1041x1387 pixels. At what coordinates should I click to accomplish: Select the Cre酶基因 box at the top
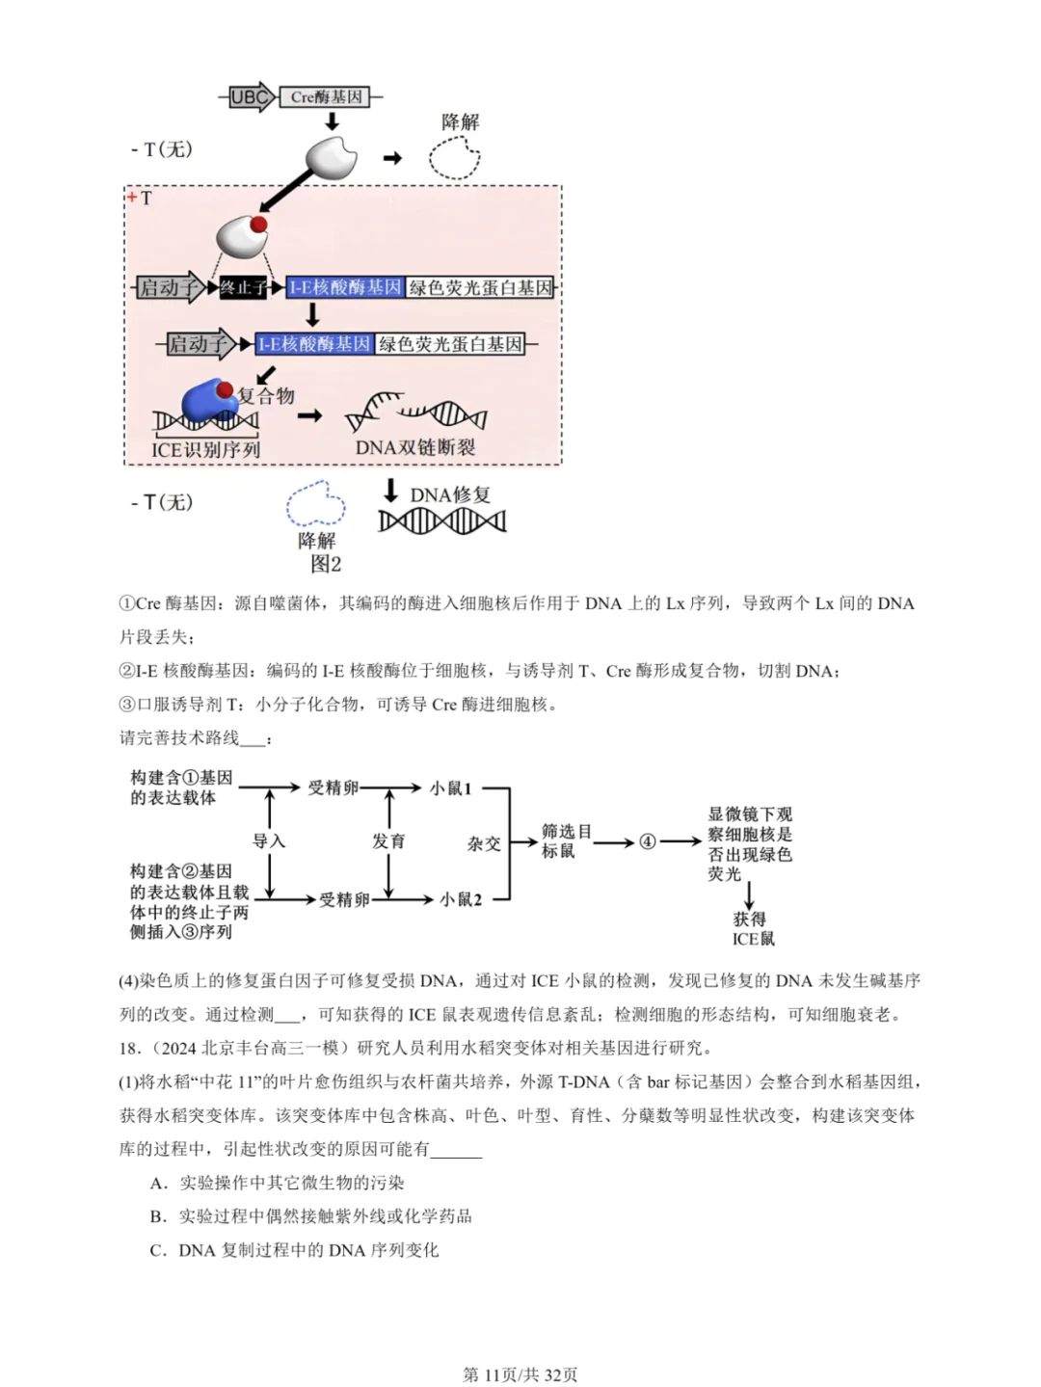point(327,96)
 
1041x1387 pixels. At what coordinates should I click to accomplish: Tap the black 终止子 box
point(242,287)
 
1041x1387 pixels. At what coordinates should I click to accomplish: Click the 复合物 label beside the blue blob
point(266,395)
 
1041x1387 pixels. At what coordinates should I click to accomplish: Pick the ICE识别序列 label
point(205,449)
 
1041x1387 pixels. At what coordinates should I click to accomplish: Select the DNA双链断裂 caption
point(415,447)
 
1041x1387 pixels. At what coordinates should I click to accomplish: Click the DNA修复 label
point(450,494)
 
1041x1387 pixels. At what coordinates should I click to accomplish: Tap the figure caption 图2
point(326,564)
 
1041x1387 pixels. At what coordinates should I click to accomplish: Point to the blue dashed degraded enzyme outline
point(316,504)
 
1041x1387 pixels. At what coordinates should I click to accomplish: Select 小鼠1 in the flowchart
point(450,788)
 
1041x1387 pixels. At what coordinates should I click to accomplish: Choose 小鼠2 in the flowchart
point(460,899)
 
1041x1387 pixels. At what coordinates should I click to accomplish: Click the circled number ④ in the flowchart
point(648,841)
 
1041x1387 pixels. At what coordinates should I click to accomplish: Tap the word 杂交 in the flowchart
point(484,843)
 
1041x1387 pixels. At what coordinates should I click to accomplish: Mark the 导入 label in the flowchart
point(269,841)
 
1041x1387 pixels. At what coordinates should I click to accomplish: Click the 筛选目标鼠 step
point(566,840)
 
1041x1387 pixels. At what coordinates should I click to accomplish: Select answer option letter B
point(158,1216)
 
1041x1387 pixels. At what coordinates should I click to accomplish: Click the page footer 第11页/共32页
point(520,1374)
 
